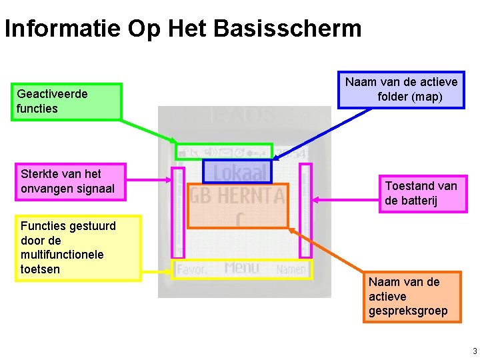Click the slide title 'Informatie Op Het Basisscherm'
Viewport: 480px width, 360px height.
tap(183, 29)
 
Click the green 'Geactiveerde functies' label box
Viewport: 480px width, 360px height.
tap(67, 101)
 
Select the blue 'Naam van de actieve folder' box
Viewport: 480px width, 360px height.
tap(401, 90)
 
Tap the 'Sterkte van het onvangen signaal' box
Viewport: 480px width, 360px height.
tap(70, 181)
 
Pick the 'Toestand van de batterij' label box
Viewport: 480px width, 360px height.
tap(423, 193)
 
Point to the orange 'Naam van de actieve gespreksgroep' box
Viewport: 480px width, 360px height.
tap(411, 297)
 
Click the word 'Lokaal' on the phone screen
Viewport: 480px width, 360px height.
tap(238, 173)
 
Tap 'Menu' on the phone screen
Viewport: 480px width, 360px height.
tap(241, 268)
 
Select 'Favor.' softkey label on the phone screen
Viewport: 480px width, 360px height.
tap(192, 269)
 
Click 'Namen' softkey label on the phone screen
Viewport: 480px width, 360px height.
tap(291, 269)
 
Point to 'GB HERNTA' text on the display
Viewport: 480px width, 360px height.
tap(237, 196)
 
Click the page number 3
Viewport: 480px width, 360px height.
tap(474, 351)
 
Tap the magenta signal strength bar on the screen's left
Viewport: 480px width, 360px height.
tap(178, 212)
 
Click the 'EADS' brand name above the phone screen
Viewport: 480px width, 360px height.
tap(243, 115)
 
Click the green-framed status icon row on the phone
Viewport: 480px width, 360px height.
tap(225, 152)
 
